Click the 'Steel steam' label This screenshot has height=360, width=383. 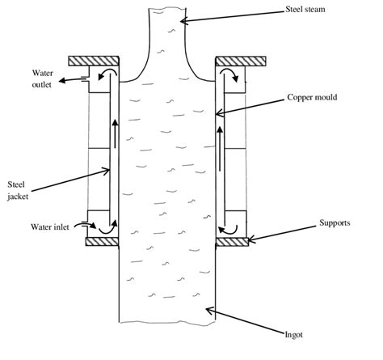tap(305, 10)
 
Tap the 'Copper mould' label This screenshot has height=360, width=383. tap(312, 97)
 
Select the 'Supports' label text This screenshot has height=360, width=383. tap(335, 223)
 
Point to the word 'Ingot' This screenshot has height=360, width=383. tap(294, 335)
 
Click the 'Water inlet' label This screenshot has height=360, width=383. tap(50, 227)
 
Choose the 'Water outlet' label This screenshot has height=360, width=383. tap(42, 78)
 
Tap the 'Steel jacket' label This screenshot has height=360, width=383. tap(18, 190)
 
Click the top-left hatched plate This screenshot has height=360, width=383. tap(94, 61)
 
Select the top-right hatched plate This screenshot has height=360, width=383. tap(241, 61)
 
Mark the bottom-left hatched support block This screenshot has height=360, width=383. tap(102, 242)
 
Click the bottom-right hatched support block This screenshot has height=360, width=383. tap(232, 242)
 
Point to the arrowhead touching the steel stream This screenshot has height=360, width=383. tap(183, 21)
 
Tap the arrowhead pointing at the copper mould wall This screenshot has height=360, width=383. tap(220, 113)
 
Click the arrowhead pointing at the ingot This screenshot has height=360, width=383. tap(210, 311)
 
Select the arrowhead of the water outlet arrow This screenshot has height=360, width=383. tap(61, 80)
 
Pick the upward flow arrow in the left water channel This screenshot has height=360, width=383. tap(116, 133)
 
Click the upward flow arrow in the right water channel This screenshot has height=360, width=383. tap(220, 148)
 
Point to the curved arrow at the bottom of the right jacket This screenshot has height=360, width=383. tap(228, 230)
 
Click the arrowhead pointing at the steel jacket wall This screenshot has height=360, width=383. tap(106, 171)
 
